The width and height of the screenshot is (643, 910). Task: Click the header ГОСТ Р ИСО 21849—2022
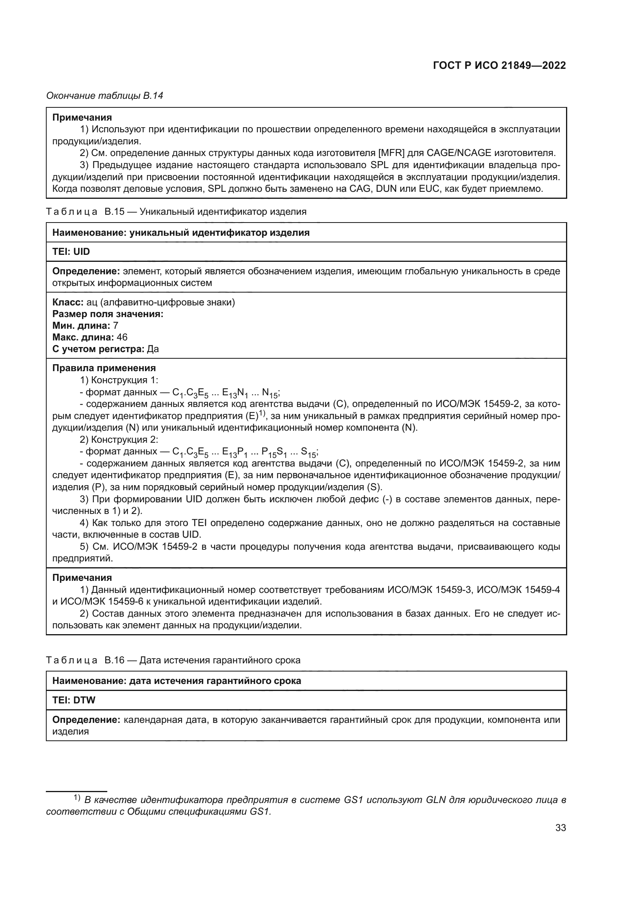[499, 66]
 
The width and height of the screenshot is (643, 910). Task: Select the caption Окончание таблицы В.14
[105, 96]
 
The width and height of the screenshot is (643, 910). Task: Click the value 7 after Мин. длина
[115, 326]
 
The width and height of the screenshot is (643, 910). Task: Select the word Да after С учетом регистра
[153, 349]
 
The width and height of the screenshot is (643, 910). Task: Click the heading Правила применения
[104, 368]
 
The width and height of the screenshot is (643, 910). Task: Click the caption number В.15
[114, 212]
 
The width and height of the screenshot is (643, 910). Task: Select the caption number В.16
[114, 660]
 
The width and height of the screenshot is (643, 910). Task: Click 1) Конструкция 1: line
[119, 380]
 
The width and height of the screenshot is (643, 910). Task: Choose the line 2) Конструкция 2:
[119, 440]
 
